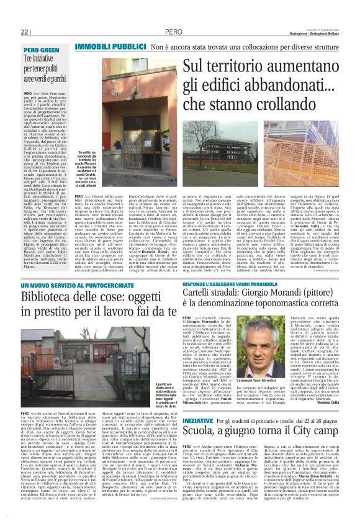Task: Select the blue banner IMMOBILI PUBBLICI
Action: click(x=110, y=47)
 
